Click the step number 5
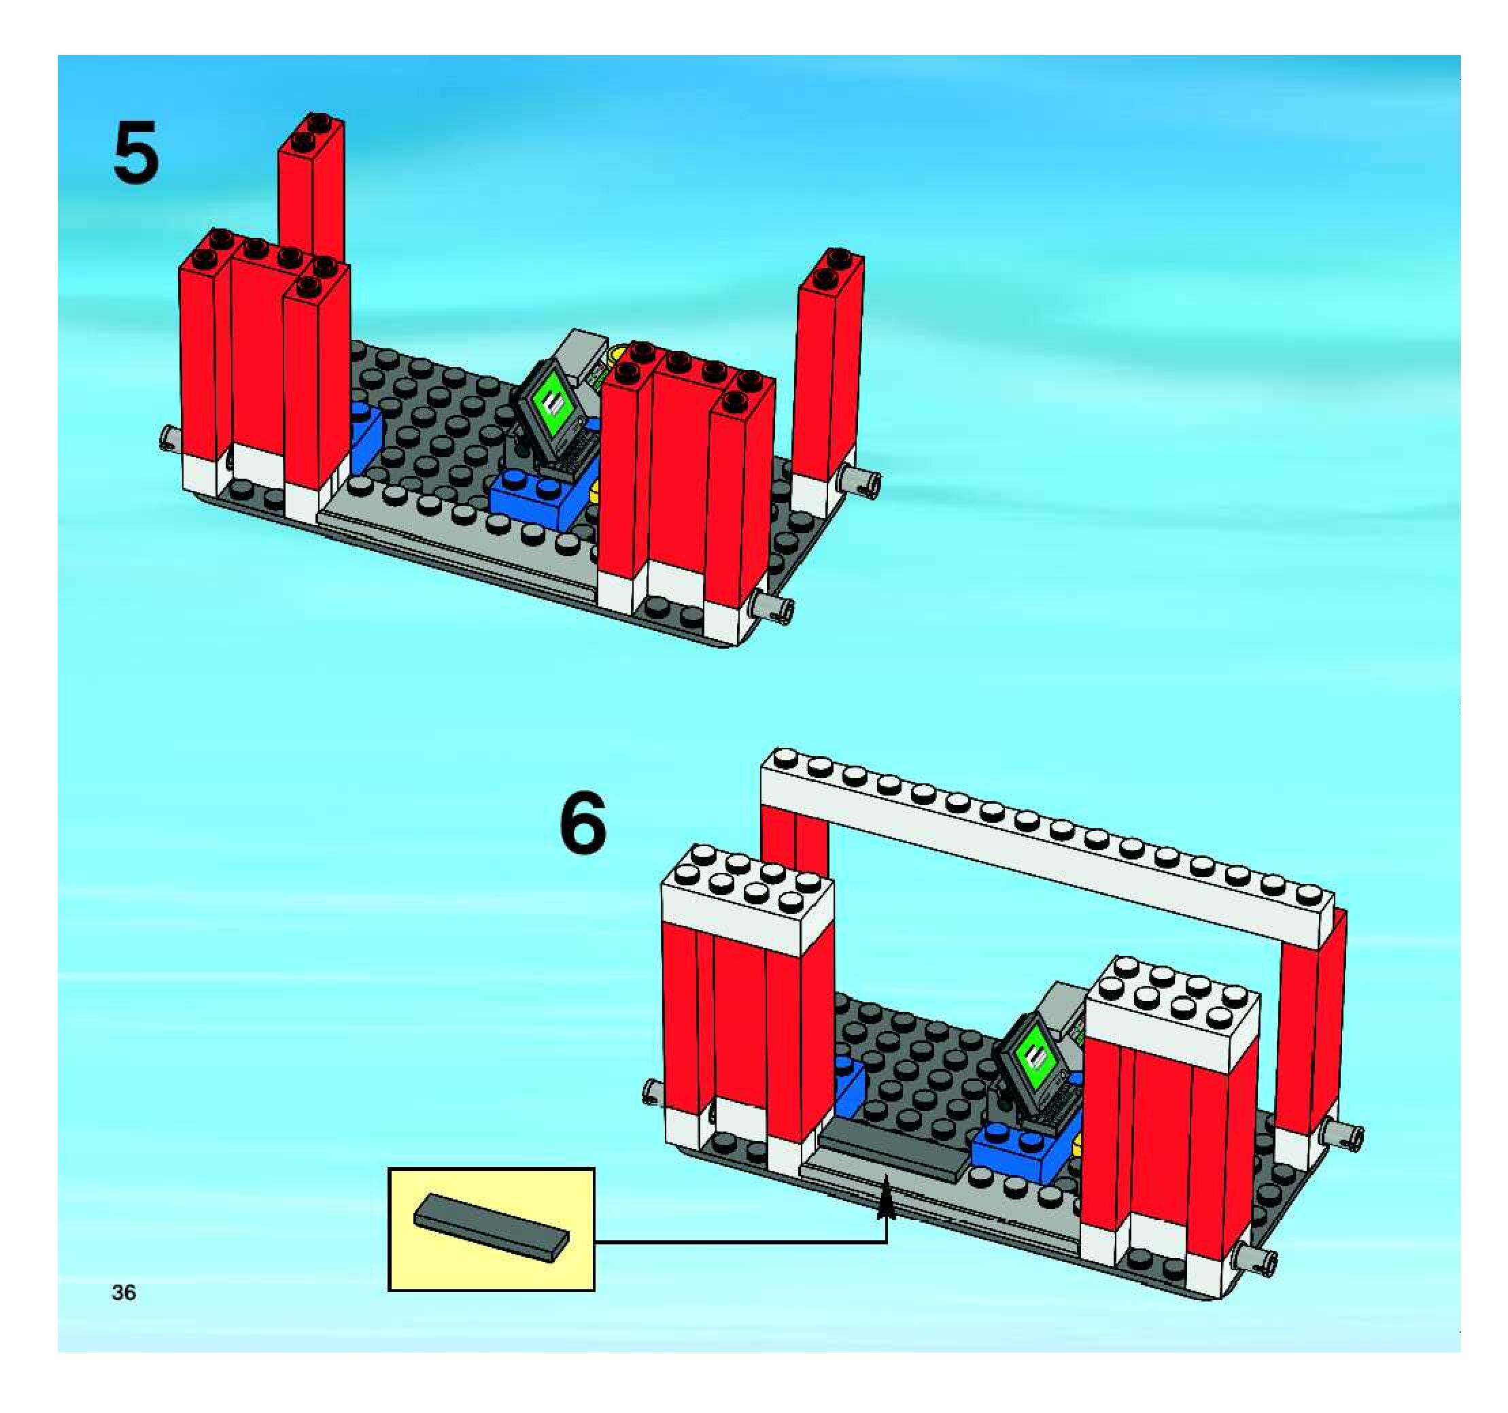pyautogui.click(x=137, y=154)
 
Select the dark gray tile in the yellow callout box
pyautogui.click(x=492, y=1227)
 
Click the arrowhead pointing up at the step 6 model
pyautogui.click(x=885, y=1204)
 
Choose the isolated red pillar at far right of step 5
pyautogui.click(x=829, y=364)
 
